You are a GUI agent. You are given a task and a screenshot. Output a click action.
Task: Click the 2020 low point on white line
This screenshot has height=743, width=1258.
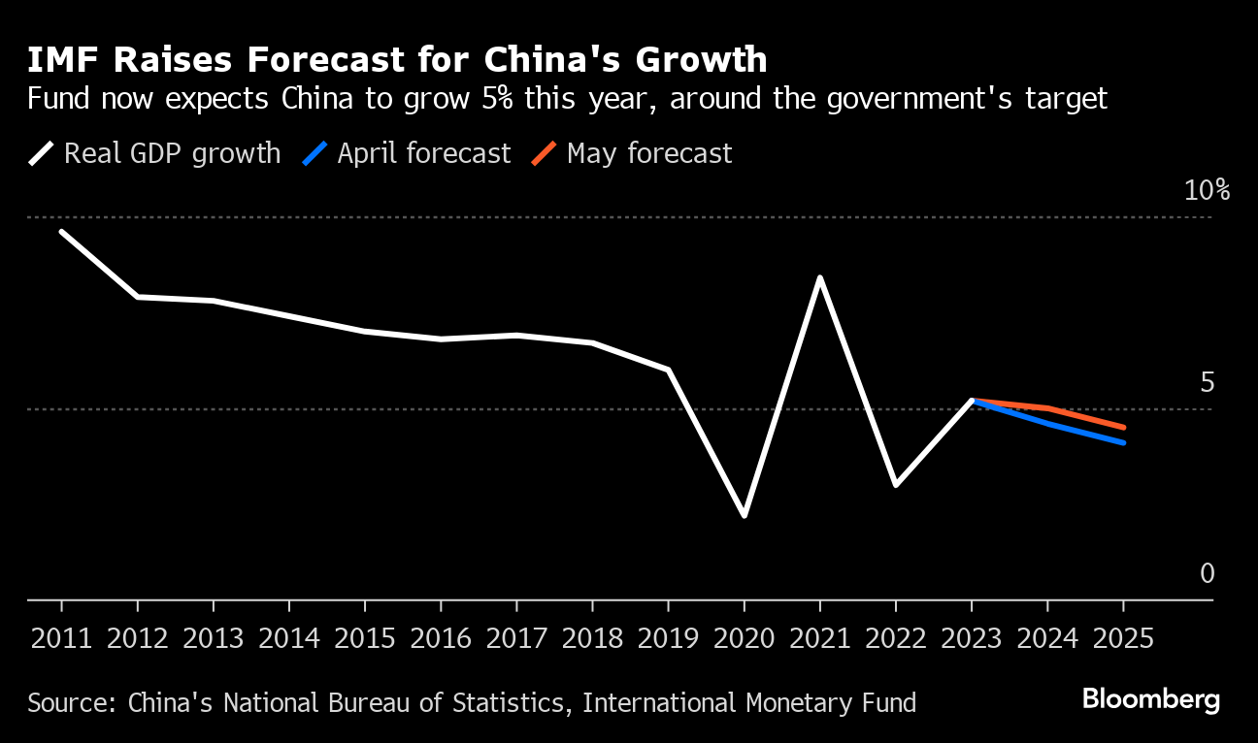tap(745, 515)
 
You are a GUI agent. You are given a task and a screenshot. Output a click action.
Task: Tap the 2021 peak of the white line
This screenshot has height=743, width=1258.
tap(820, 278)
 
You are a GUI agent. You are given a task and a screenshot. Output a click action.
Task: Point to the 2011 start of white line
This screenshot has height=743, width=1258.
tap(61, 232)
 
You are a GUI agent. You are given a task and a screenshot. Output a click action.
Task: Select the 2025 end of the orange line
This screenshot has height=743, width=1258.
tap(1123, 427)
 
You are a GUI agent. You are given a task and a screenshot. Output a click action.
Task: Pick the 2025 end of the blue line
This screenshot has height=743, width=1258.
tap(1123, 442)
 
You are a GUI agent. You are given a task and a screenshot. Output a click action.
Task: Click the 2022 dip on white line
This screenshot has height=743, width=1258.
tap(895, 484)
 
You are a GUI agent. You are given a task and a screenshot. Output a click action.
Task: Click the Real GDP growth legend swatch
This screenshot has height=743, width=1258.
tap(42, 153)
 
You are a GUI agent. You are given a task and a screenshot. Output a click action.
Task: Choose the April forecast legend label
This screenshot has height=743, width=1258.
tap(423, 153)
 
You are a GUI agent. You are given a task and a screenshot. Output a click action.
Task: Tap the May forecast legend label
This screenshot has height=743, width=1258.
tap(648, 153)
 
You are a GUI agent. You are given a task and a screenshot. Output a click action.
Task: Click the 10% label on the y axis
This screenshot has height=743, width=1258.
tap(1207, 190)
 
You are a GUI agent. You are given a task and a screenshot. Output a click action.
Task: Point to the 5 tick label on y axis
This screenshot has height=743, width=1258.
tap(1207, 382)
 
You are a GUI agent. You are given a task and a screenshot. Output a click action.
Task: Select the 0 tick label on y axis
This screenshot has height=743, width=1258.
tap(1207, 574)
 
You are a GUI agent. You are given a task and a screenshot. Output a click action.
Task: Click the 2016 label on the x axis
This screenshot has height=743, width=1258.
tap(441, 639)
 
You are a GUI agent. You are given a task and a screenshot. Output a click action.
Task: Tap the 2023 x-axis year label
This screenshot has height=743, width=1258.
tap(972, 639)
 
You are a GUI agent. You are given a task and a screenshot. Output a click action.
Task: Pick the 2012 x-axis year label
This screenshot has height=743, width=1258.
tap(137, 639)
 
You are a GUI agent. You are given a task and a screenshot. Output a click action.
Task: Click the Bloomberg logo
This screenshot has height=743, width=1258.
tap(1150, 699)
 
